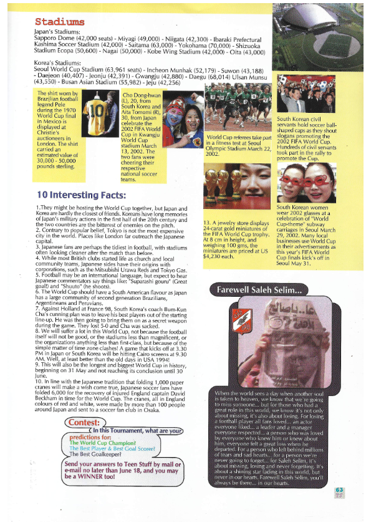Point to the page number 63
point(339,492)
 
